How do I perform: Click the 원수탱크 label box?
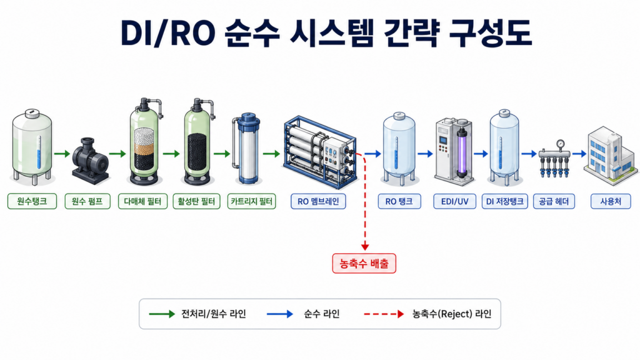tap(32, 201)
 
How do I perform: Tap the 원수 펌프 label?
tap(87, 201)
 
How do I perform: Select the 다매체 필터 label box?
tap(143, 201)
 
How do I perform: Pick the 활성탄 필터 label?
tap(197, 201)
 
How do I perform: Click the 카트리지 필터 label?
tap(251, 201)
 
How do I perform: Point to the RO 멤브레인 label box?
tap(318, 201)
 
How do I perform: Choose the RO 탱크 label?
tap(399, 201)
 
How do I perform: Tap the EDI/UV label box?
tap(455, 201)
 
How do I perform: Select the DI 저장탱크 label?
tap(505, 201)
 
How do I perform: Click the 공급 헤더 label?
tap(554, 201)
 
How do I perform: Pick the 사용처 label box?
tap(611, 201)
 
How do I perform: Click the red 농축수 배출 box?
tap(364, 263)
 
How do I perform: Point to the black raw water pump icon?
tap(90, 161)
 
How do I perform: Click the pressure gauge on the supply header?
tap(561, 144)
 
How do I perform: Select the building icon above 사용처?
tap(611, 155)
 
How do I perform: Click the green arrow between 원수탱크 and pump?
tap(62, 154)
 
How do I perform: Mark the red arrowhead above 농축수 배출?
tap(365, 247)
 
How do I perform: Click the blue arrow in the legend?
tap(280, 314)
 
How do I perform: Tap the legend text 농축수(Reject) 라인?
tap(451, 314)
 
